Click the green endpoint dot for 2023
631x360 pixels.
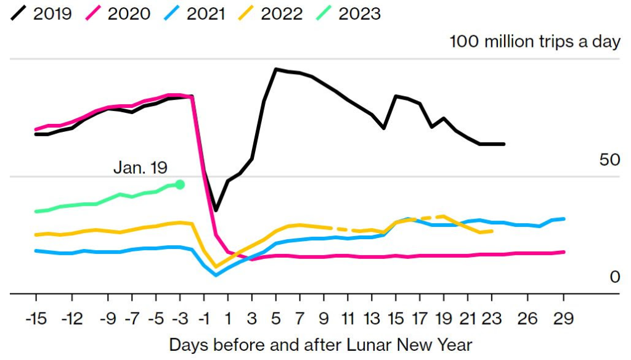pos(180,184)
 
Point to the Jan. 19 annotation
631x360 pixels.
pos(140,167)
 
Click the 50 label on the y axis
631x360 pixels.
pos(609,160)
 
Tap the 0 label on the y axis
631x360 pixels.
pos(614,277)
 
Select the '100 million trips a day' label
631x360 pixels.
pos(535,42)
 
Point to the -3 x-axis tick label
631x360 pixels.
pos(180,319)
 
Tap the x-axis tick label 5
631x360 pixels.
pos(276,319)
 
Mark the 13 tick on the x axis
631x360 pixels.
pos(372,319)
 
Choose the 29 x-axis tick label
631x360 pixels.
pos(564,319)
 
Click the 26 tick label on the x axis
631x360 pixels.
pos(528,319)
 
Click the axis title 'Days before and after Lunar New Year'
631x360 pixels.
pos(320,344)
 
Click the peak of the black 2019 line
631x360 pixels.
pos(276,69)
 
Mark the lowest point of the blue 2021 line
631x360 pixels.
pos(216,275)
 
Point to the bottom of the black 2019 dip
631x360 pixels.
pos(216,210)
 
